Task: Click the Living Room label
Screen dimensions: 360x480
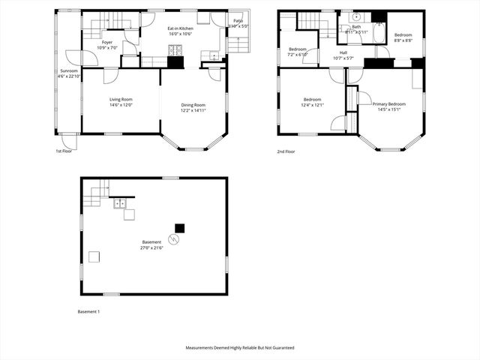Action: click(121, 99)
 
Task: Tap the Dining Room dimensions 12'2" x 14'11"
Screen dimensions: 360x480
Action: click(193, 111)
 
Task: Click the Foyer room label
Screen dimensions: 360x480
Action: click(107, 42)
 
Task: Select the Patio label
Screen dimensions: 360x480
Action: click(238, 21)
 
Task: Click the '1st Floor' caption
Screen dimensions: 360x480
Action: click(64, 151)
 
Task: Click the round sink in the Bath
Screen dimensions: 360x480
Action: click(356, 16)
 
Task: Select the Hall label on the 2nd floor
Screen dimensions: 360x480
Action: click(343, 52)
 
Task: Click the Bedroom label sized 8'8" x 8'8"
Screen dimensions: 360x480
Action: click(403, 34)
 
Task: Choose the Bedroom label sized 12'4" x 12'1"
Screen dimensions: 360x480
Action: click(313, 100)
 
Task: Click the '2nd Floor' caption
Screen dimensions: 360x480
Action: click(286, 151)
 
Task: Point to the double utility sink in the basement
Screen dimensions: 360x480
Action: click(119, 202)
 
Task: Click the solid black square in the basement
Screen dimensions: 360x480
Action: click(179, 227)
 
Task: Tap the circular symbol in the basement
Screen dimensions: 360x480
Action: click(175, 240)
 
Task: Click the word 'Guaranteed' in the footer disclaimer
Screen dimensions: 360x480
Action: click(280, 348)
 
